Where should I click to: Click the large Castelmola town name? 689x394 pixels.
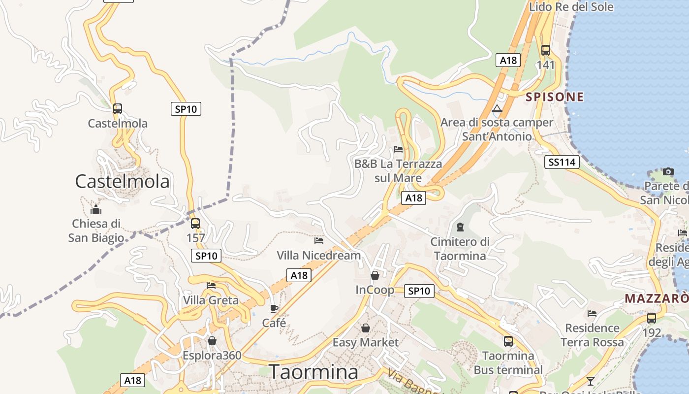tap(122, 182)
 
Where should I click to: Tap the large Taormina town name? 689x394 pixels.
tap(313, 372)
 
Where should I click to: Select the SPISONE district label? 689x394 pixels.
tap(555, 97)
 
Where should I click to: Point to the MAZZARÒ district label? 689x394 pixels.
tap(657, 298)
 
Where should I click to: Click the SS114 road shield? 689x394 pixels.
tap(562, 162)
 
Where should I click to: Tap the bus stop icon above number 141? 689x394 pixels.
tap(546, 50)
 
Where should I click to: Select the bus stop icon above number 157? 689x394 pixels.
tap(195, 223)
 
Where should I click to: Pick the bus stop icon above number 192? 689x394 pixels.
tap(652, 318)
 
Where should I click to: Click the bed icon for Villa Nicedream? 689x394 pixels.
tap(319, 240)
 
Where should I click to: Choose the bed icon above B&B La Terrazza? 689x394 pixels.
tap(398, 149)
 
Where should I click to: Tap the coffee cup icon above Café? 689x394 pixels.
tap(274, 308)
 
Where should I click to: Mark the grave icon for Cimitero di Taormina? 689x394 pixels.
tap(460, 227)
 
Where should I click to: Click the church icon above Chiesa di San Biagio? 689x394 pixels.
tap(96, 209)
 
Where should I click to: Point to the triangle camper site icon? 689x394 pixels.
tap(497, 108)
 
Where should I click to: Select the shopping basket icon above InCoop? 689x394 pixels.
tap(375, 275)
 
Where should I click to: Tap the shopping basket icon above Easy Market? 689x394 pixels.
tap(366, 328)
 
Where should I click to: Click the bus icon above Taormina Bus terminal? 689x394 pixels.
tap(508, 340)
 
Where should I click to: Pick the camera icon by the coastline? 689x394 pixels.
tap(668, 171)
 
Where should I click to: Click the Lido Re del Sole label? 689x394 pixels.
tap(571, 7)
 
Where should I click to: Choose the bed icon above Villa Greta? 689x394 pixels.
tap(211, 285)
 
